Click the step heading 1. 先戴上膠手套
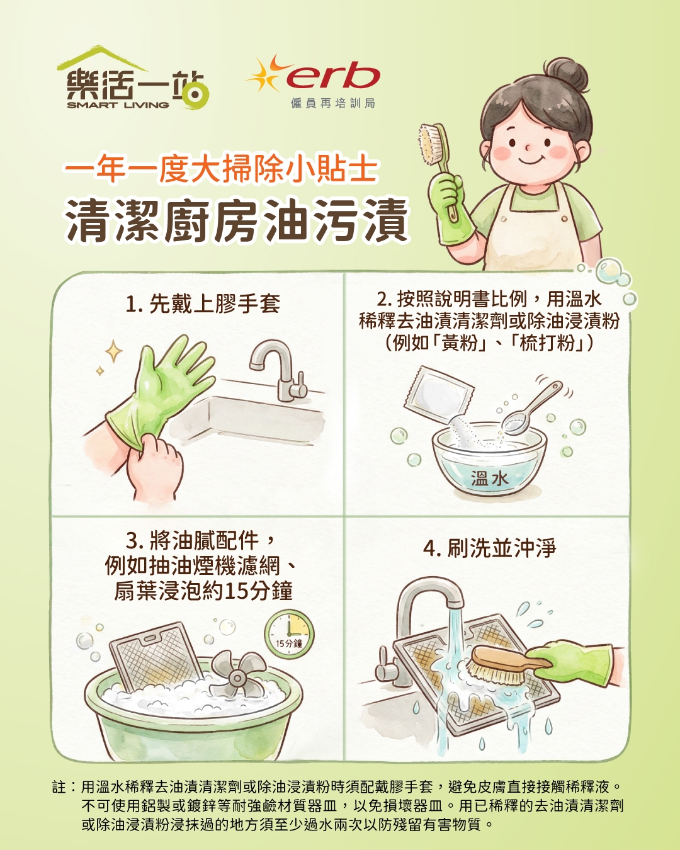point(203,304)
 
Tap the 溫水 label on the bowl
point(489,479)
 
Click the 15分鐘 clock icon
point(289,633)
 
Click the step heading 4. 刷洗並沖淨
point(489,548)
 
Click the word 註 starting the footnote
point(59,787)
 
